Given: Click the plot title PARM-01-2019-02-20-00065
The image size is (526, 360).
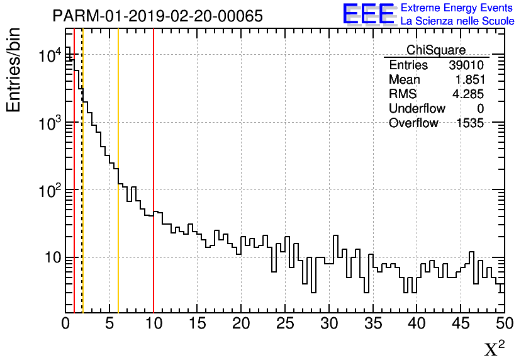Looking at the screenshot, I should [x=157, y=16].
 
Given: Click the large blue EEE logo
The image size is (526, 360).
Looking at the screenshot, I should [x=368, y=14].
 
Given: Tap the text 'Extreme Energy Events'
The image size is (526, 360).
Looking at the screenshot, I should [x=457, y=8].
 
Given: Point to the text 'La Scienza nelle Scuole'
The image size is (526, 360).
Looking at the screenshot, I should [x=457, y=21].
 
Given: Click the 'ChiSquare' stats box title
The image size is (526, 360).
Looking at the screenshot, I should [x=436, y=50].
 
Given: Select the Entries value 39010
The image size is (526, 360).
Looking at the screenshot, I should [x=466, y=65].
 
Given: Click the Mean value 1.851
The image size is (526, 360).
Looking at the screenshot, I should [x=470, y=80].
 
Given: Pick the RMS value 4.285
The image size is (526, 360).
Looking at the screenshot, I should [x=470, y=94].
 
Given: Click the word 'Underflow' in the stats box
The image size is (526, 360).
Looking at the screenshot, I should [x=417, y=109].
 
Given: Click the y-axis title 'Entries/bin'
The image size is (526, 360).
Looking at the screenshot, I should [x=14, y=69].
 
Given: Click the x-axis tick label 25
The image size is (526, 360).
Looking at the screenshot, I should [x=285, y=324].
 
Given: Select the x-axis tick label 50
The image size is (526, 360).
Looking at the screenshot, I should [x=504, y=324].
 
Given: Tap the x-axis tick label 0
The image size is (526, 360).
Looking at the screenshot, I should [x=65, y=324].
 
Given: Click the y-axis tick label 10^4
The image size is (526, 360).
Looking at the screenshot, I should [x=48, y=55].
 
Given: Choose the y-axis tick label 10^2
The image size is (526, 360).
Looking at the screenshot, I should [x=48, y=190].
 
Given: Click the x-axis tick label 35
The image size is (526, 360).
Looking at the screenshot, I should [x=372, y=324].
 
